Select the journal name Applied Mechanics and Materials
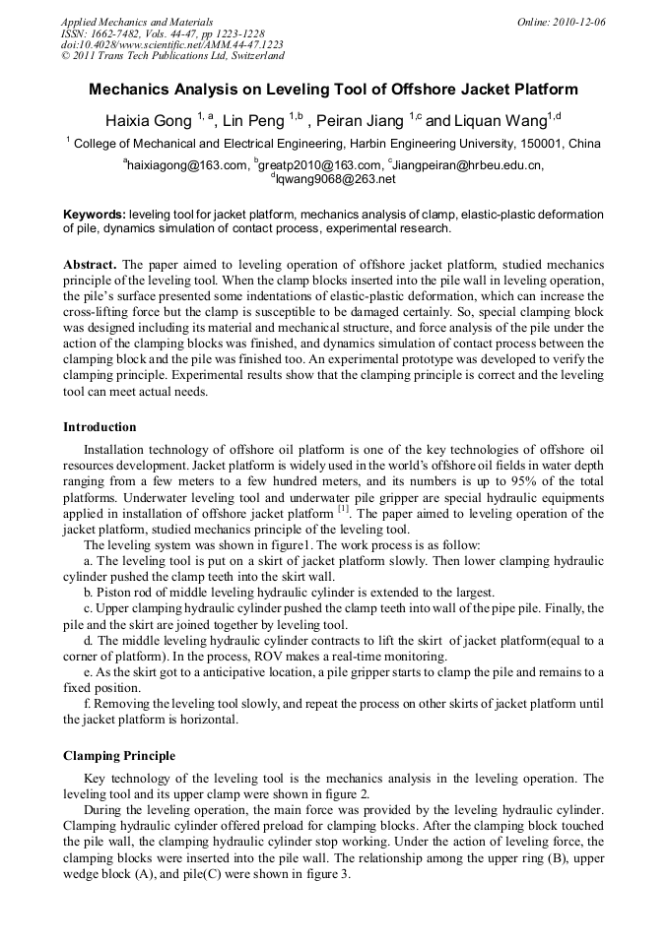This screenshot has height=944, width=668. pos(137,22)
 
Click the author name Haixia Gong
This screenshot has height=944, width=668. pos(148,121)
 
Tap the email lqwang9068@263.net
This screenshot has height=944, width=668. pos(335,179)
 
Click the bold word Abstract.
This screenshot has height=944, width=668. pos(90,266)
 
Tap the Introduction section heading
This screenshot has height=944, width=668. pos(100,427)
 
